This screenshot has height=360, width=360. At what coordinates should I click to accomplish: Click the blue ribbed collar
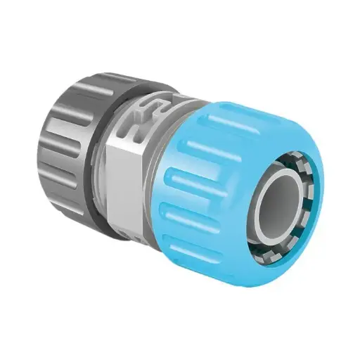point(211,176)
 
